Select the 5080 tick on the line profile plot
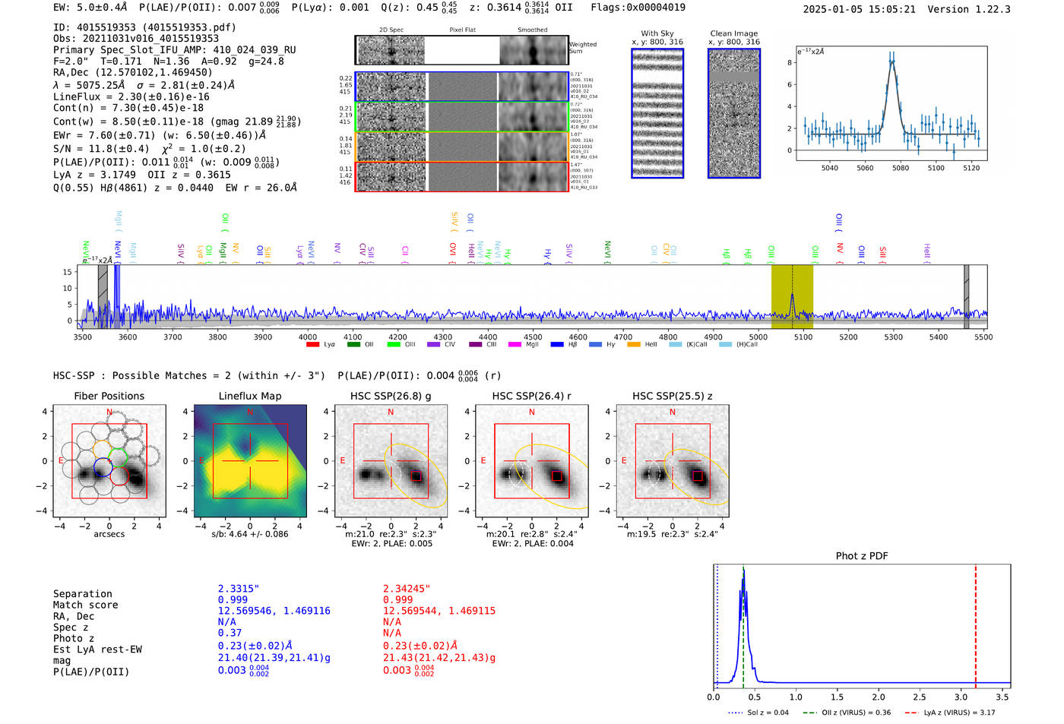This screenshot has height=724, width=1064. point(901,168)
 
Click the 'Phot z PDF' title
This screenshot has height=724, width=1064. point(862,556)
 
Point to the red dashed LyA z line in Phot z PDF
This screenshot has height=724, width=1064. point(975,623)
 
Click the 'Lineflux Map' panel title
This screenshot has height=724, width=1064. point(250,396)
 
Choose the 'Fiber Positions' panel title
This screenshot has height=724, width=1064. point(109,396)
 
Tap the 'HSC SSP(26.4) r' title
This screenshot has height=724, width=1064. point(531,396)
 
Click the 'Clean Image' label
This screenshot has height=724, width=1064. point(733,33)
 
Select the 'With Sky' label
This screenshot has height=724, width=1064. point(657,33)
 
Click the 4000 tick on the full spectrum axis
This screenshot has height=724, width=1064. point(307,337)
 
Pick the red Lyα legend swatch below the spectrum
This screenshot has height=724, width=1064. point(312,344)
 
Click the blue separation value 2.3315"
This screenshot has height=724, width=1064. point(238,589)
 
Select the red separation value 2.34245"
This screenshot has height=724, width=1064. point(406,589)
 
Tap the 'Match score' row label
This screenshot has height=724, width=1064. point(85,605)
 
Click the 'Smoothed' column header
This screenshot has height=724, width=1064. point(532,30)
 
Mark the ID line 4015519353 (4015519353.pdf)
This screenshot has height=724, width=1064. point(144,27)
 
